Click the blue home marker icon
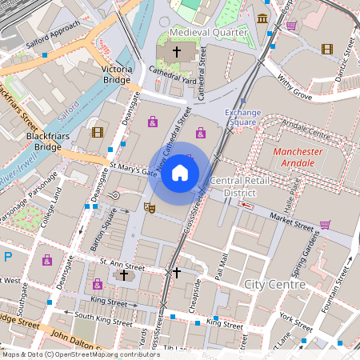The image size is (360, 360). click(180, 173)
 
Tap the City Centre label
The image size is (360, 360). click(274, 284)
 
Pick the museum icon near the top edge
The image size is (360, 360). click(262, 18)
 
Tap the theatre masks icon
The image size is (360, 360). click(148, 207)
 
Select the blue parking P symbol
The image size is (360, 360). click(7, 257)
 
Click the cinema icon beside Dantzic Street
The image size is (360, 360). click(326, 49)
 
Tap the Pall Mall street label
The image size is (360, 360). click(219, 267)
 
